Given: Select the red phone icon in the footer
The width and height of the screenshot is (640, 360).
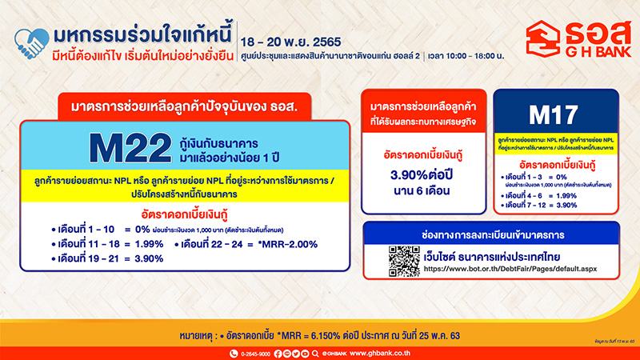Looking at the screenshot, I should tap(228, 349).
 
